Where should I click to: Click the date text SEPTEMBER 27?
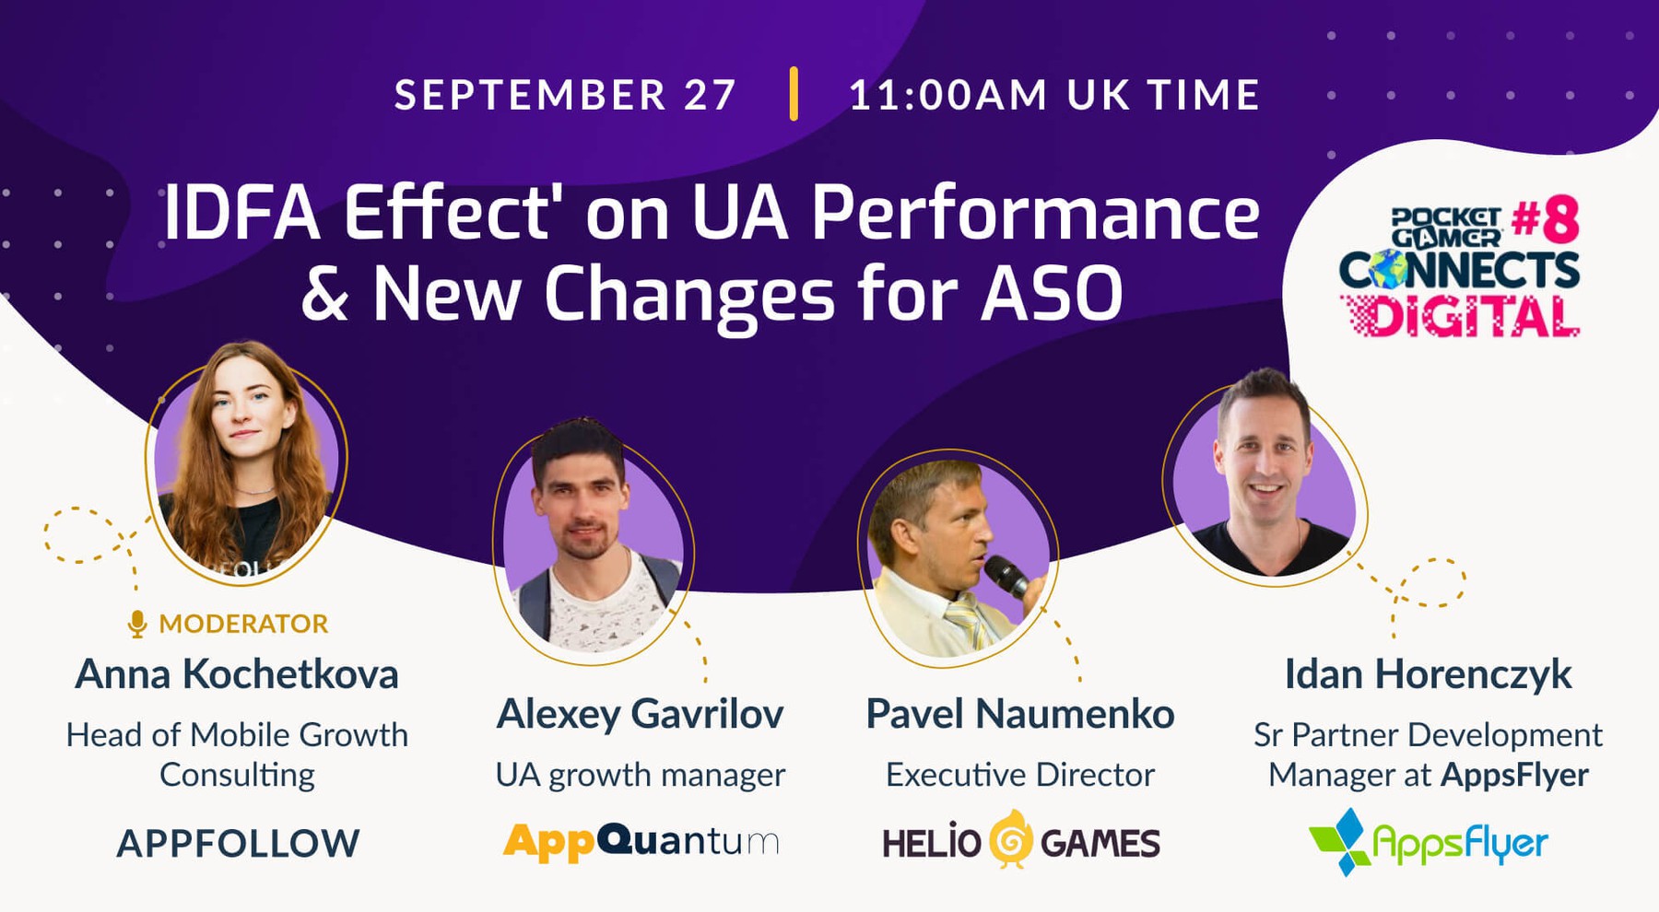coord(565,95)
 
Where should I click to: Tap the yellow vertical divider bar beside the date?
coord(794,94)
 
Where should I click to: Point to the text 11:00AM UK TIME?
coord(1054,95)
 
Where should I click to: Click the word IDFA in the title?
coord(242,213)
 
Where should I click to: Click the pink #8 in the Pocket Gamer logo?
coord(1546,220)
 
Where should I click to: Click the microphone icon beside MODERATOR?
coord(137,624)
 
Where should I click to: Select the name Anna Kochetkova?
coord(237,674)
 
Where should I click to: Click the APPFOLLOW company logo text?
coord(238,844)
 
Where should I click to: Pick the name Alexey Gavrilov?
coord(640,714)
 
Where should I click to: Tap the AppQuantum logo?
coord(641,841)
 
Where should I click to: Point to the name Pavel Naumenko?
coord(1020,714)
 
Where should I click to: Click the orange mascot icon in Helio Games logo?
coord(1010,839)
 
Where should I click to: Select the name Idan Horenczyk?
coord(1428,674)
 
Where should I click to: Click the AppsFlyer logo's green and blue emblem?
coord(1340,841)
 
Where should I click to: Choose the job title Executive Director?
coord(1020,775)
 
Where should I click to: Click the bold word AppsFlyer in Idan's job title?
coord(1515,776)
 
